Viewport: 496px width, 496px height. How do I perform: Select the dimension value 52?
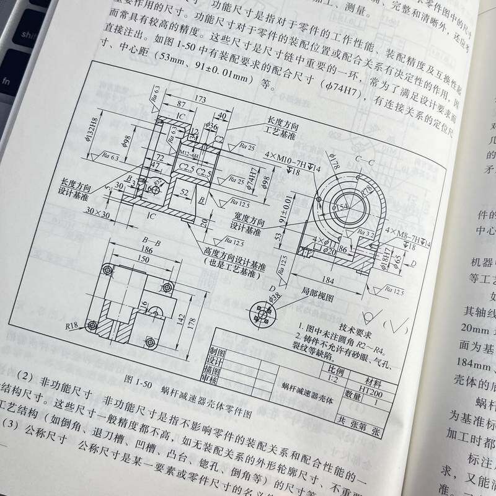coord(185,193)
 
